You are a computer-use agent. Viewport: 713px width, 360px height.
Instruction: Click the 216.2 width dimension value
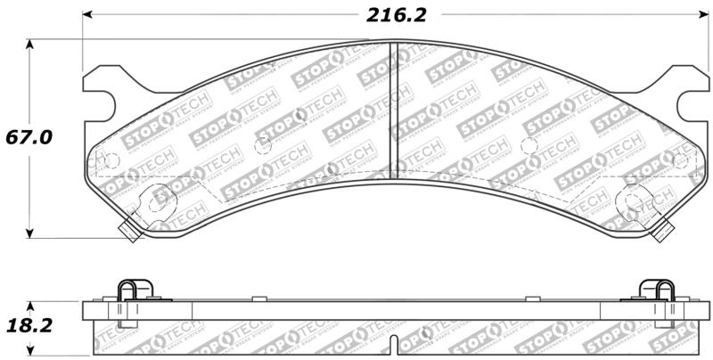[393, 15]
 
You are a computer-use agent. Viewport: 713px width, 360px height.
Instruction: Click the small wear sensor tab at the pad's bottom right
[660, 233]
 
